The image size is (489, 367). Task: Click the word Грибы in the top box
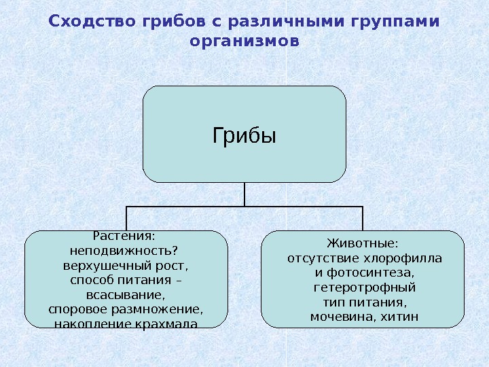[244, 136]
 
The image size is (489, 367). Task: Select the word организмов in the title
[244, 41]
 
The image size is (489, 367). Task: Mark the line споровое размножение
[126, 309]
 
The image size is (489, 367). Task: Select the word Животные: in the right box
[363, 243]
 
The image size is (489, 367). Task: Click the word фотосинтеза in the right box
[369, 273]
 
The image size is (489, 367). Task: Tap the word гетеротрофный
[364, 287]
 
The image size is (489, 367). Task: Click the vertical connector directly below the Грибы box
[244, 194]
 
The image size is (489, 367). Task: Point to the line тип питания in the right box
[364, 302]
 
